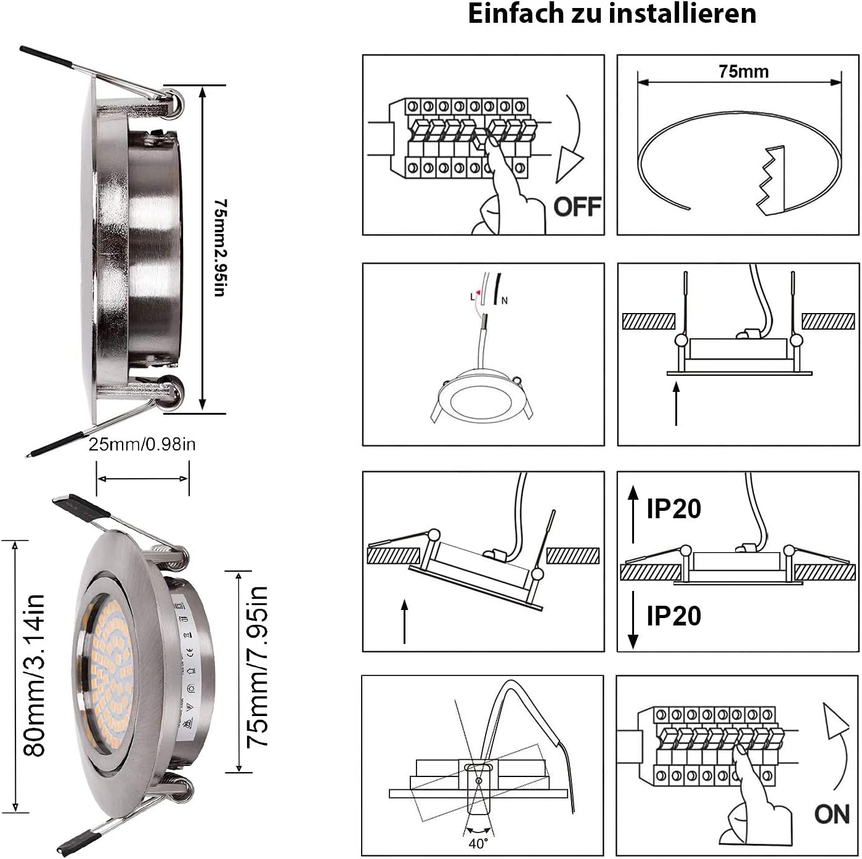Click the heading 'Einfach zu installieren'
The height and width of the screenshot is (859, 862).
point(612,14)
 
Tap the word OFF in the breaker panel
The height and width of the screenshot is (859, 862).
point(577,206)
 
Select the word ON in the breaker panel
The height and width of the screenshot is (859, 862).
point(831,814)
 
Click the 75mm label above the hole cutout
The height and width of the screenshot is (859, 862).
point(744,71)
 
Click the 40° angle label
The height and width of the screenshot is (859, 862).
point(478,842)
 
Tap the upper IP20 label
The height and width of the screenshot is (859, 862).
point(673,509)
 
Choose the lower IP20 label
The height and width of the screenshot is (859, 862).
point(673,616)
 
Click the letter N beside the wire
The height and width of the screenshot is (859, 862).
point(505,301)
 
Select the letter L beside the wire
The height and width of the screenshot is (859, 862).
point(473,296)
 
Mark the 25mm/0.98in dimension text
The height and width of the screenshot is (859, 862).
point(142,444)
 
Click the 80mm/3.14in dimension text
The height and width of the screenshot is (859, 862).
point(35,675)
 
